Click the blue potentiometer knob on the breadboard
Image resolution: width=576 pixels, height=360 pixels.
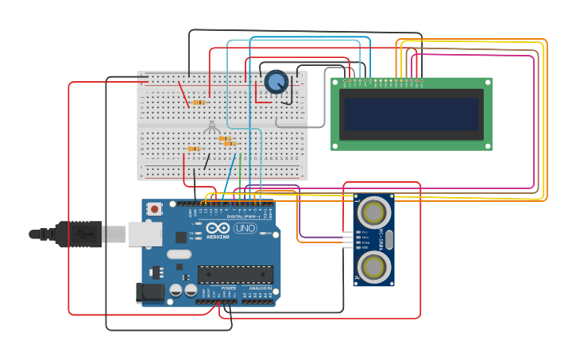[x=276, y=82]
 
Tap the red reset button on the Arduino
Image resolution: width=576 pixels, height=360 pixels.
[x=154, y=208]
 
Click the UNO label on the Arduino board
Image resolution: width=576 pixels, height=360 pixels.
[x=245, y=228]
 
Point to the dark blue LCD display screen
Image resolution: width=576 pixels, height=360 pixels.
[x=411, y=114]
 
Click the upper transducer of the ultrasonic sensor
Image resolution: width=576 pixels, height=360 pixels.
[x=373, y=213]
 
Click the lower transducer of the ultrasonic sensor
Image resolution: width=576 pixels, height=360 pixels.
[x=373, y=267]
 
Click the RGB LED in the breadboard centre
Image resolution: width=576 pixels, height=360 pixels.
[x=211, y=126]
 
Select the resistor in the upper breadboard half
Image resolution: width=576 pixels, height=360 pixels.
[x=199, y=102]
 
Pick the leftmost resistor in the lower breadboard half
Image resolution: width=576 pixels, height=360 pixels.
[x=193, y=149]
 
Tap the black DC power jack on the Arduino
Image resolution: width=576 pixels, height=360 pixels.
[x=149, y=292]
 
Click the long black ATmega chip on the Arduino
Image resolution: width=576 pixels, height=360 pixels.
[x=235, y=274]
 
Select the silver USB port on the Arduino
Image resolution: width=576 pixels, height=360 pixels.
[x=145, y=234]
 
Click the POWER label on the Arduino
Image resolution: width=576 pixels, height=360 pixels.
[x=217, y=288]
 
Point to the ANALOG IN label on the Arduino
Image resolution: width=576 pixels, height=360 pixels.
[x=259, y=288]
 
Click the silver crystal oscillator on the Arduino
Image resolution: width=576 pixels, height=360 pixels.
[x=180, y=254]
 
